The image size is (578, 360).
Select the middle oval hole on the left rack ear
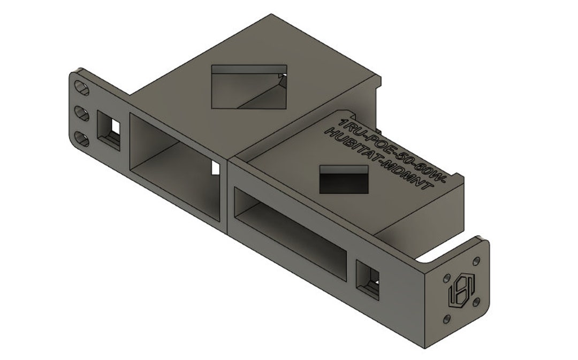[81, 112]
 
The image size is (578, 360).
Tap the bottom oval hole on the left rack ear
[82, 139]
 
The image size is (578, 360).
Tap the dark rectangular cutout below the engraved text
[346, 179]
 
